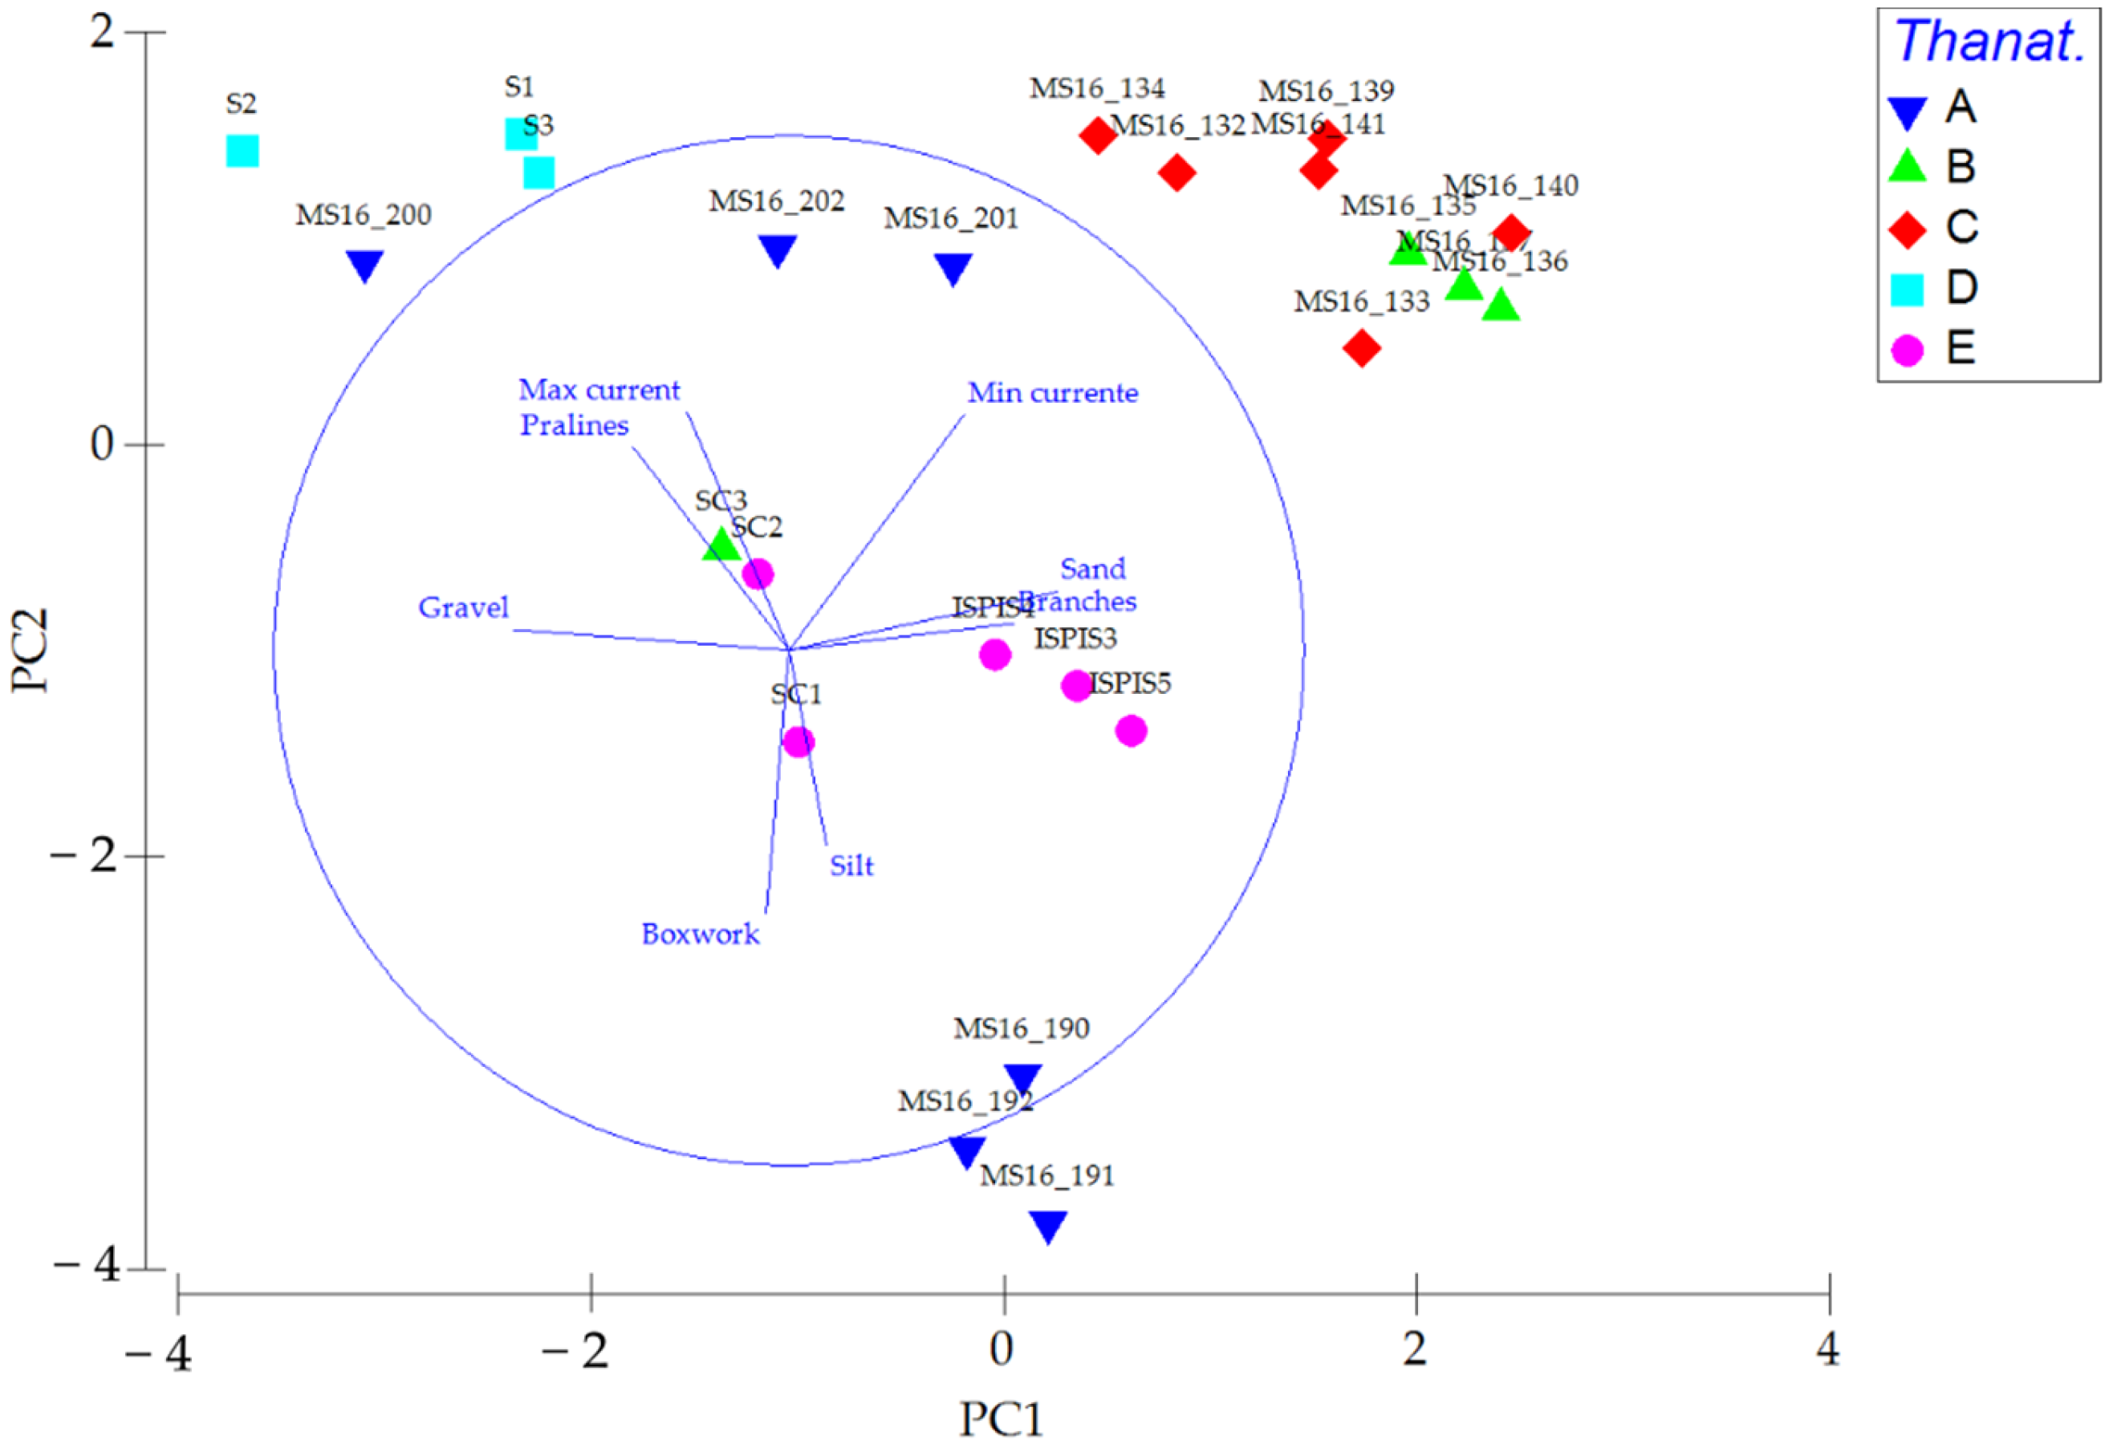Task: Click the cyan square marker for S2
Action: pos(242,151)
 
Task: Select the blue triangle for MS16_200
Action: pos(365,265)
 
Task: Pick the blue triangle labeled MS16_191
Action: pos(1048,1225)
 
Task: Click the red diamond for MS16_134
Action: pos(1099,136)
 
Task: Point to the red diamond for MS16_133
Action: pos(1361,347)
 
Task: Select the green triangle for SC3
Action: pos(721,545)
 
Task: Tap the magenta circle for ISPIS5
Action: pos(1131,731)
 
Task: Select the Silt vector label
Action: pos(851,866)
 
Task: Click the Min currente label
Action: pos(1052,393)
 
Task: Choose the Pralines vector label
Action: pos(574,425)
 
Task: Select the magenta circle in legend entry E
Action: pos(1907,350)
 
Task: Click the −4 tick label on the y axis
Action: pos(87,1266)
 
